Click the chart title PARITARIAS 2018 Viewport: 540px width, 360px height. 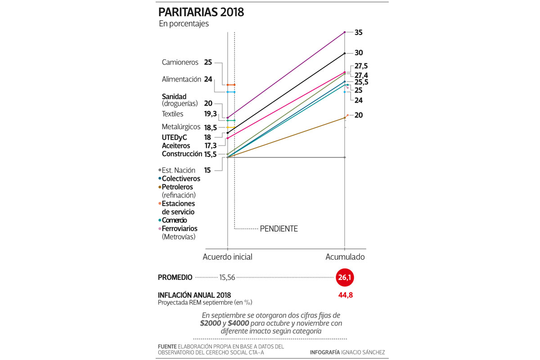201,12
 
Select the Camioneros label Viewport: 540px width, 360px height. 180,62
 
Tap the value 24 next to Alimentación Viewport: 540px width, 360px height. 208,79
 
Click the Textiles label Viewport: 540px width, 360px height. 172,114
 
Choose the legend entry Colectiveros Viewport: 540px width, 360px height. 181,179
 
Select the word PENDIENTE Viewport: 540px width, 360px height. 279,229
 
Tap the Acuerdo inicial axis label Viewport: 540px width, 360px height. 227,257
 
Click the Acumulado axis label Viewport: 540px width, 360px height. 345,257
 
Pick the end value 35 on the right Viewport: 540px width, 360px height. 358,32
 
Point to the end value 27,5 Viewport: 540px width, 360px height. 361,66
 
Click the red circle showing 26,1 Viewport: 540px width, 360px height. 345,278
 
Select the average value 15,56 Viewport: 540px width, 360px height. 226,278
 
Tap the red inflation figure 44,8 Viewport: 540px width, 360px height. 345,295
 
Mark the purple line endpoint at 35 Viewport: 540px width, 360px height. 345,32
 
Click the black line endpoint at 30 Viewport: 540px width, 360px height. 345,53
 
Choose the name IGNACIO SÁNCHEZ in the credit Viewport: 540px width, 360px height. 363,352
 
